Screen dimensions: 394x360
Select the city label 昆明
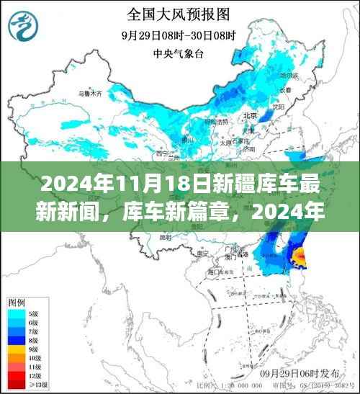click(167, 237)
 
